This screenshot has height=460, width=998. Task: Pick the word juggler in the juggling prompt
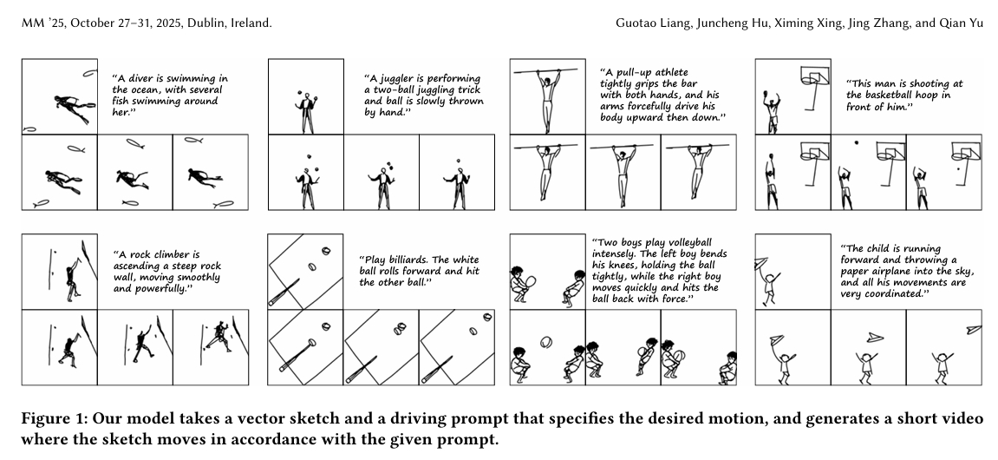point(399,79)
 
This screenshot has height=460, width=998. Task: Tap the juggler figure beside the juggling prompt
point(308,112)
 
